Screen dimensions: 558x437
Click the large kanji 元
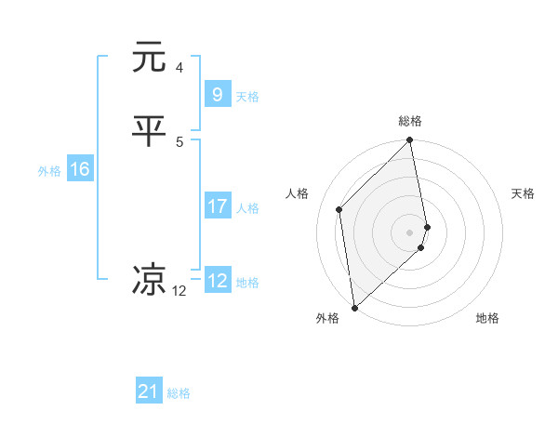click(x=149, y=58)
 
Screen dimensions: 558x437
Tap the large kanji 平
click(x=149, y=132)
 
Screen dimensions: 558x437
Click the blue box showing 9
click(x=217, y=95)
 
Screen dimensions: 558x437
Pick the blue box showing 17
click(x=217, y=206)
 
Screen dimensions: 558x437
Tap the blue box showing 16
click(x=79, y=169)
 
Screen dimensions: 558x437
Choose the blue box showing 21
click(x=149, y=391)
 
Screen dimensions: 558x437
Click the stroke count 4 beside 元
click(x=179, y=67)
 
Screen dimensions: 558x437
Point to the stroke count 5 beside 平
click(x=179, y=141)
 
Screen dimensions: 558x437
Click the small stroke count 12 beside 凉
click(x=179, y=291)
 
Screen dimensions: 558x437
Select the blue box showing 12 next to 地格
click(x=217, y=281)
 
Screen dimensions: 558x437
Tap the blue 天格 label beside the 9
click(x=247, y=96)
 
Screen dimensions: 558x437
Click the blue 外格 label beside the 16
click(x=49, y=170)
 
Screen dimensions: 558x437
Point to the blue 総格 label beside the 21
click(x=179, y=393)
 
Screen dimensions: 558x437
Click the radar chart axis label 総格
click(x=410, y=121)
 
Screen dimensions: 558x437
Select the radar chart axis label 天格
click(x=524, y=193)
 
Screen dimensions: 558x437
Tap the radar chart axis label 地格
click(x=487, y=318)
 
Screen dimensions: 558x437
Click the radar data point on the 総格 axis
click(x=410, y=141)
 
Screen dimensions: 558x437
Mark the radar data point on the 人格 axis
click(x=339, y=209)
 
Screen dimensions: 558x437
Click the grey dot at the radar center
click(x=410, y=232)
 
